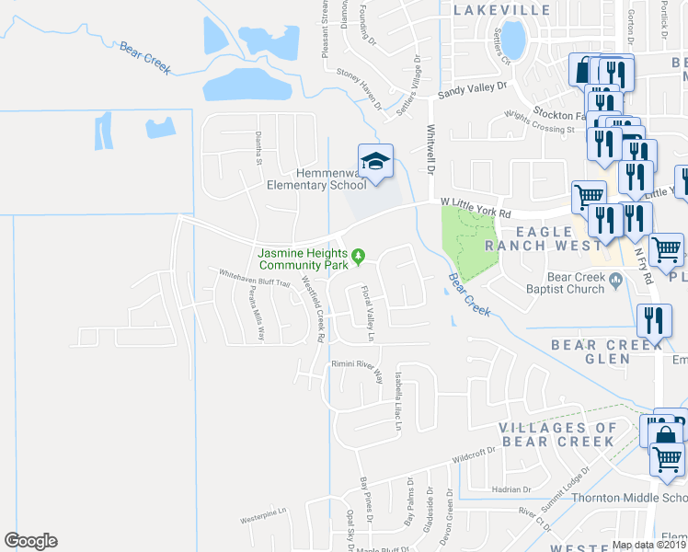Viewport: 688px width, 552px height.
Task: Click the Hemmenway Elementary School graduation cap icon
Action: coord(375,162)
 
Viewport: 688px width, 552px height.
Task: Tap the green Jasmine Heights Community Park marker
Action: coord(359,256)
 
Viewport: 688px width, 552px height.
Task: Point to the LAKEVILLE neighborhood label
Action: coord(502,10)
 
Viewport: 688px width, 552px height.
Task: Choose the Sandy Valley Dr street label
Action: coord(473,88)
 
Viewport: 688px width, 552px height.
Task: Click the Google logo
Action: coord(30,541)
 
